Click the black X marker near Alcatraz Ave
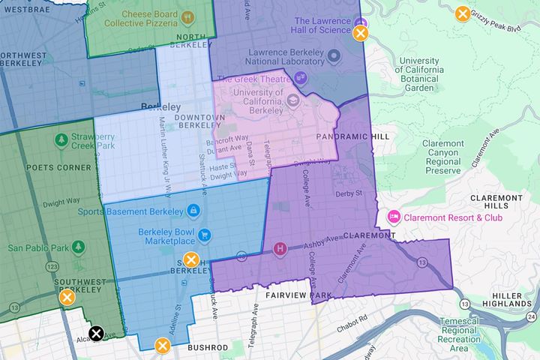coord(96,334)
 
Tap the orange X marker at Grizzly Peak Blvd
coord(463,13)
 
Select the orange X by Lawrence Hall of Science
coord(361,33)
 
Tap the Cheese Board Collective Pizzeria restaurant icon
coord(187,16)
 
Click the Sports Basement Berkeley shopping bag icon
coord(193,211)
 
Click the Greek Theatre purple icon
coord(301,77)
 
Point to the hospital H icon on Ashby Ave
coord(280,248)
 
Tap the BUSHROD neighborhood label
coord(208,347)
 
